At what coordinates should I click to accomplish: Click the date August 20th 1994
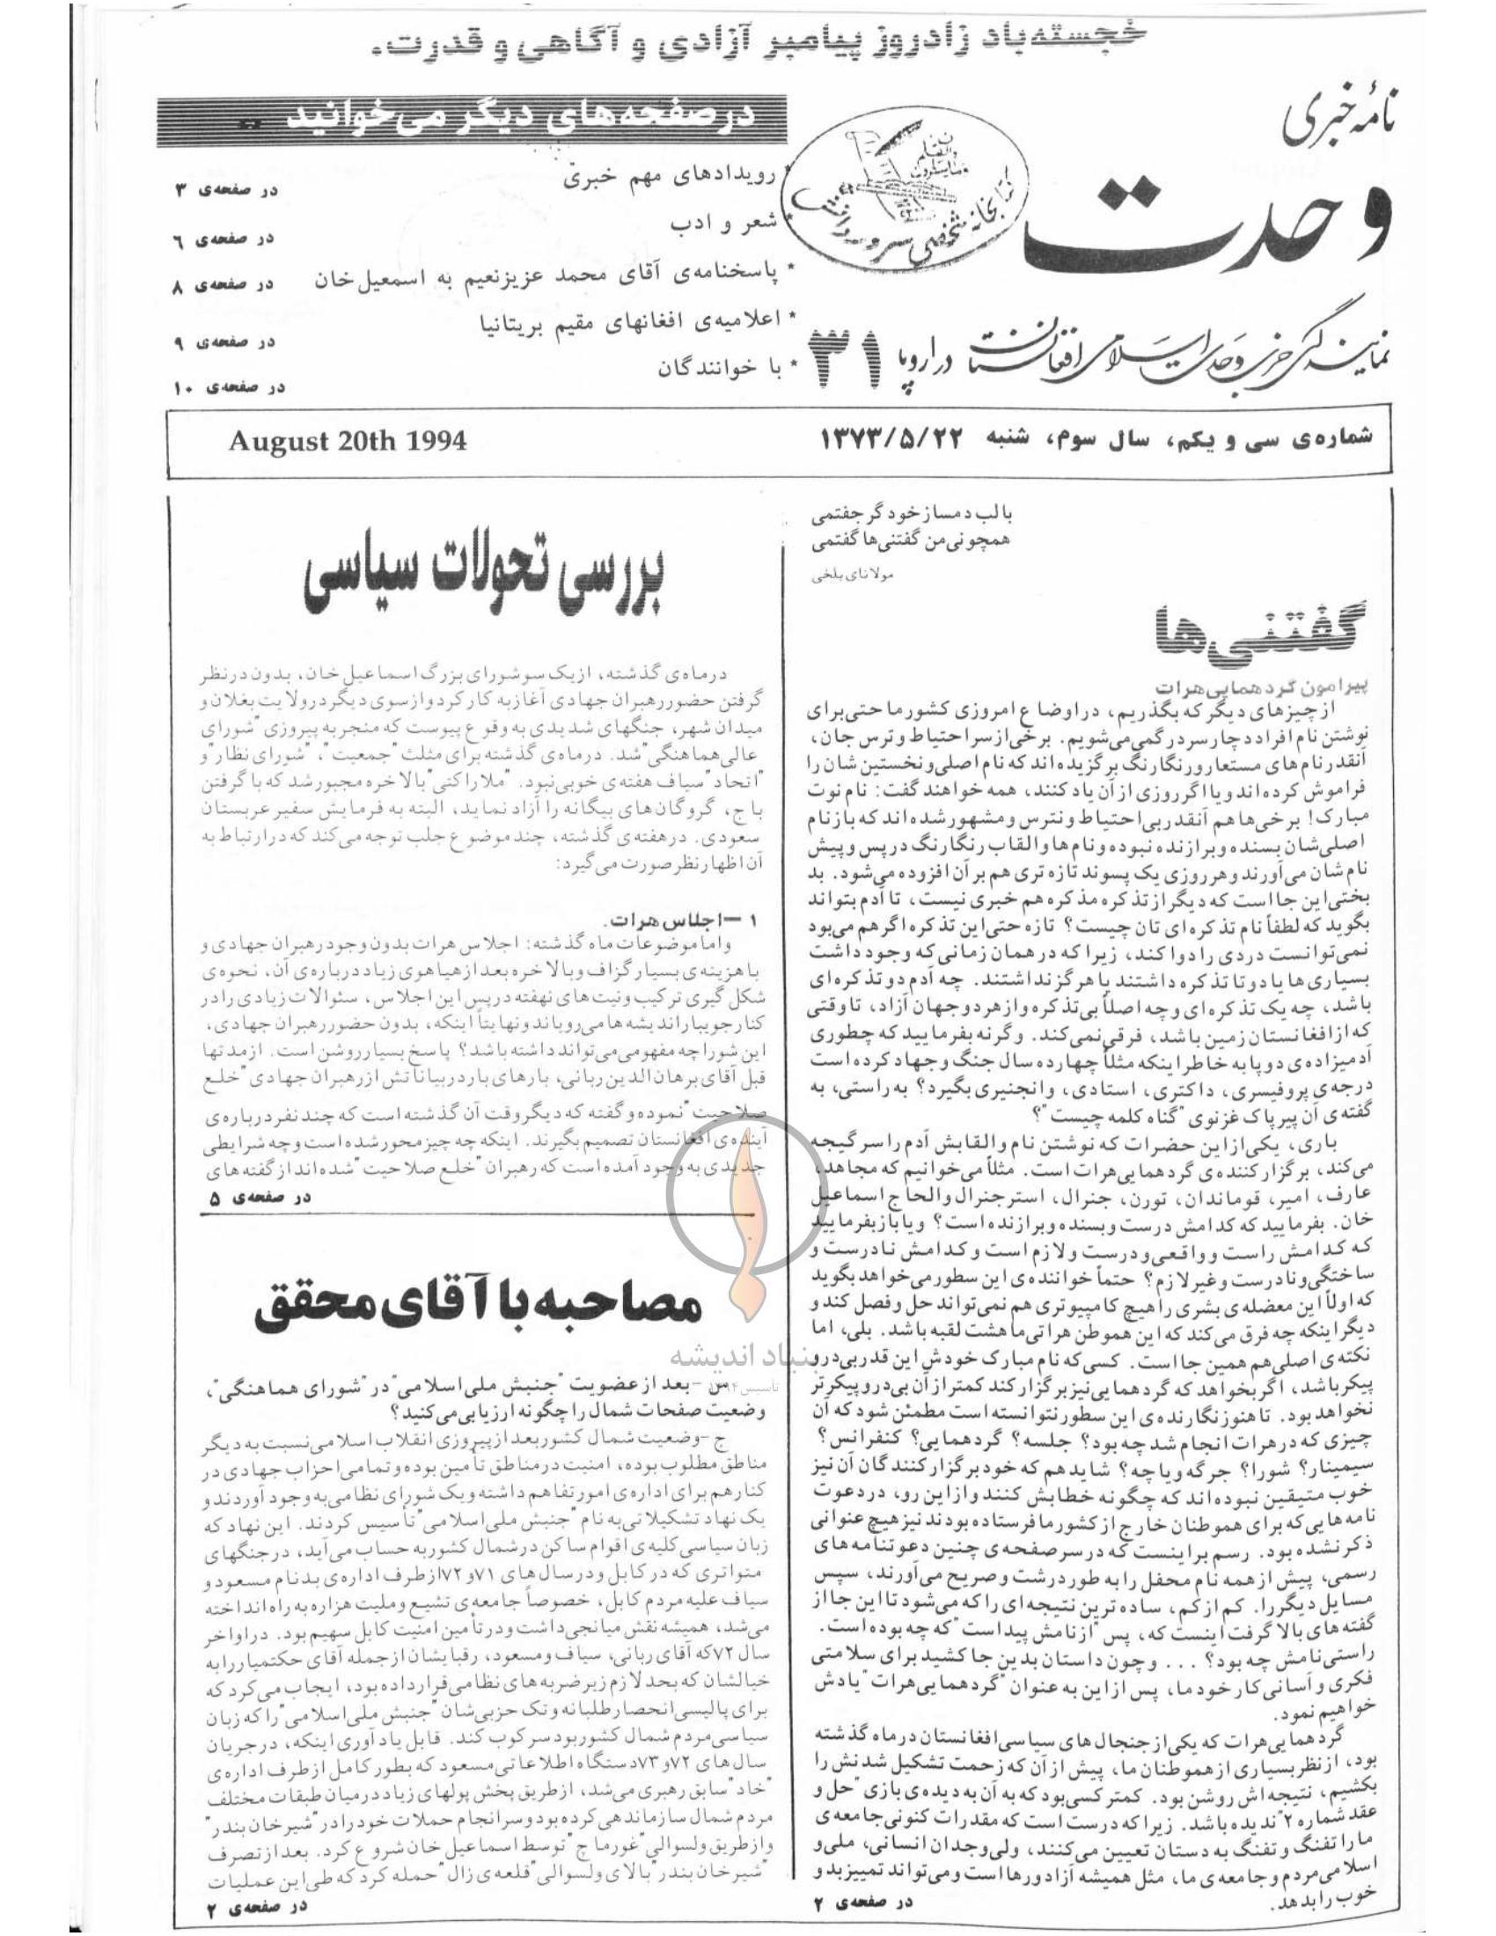click(347, 443)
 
